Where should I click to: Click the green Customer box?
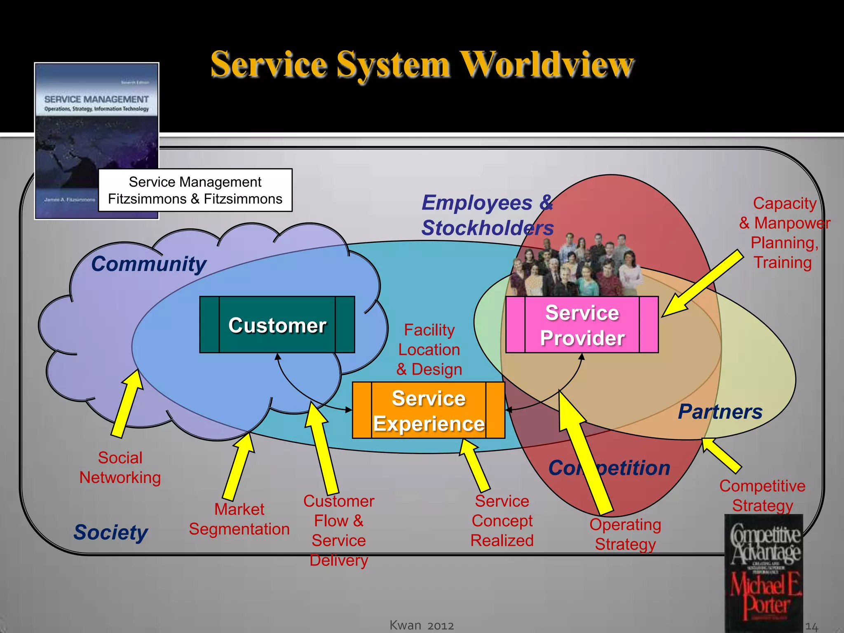(x=277, y=325)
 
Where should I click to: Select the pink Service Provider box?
(x=581, y=325)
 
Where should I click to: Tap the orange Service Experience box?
(x=429, y=410)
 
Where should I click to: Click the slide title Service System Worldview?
(x=422, y=65)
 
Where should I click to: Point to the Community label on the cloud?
(x=148, y=264)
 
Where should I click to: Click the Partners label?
(x=720, y=411)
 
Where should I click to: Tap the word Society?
(x=110, y=532)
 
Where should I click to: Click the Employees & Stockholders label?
(x=487, y=215)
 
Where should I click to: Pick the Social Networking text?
(x=120, y=468)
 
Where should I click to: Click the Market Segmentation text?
(x=239, y=519)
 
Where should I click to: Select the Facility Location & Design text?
(x=429, y=349)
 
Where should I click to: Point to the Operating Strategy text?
(x=625, y=535)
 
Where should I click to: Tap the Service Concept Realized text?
(x=502, y=521)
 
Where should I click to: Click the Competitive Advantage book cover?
(x=764, y=573)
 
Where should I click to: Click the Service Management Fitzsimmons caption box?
(x=195, y=190)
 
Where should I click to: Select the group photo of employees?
(x=575, y=266)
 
